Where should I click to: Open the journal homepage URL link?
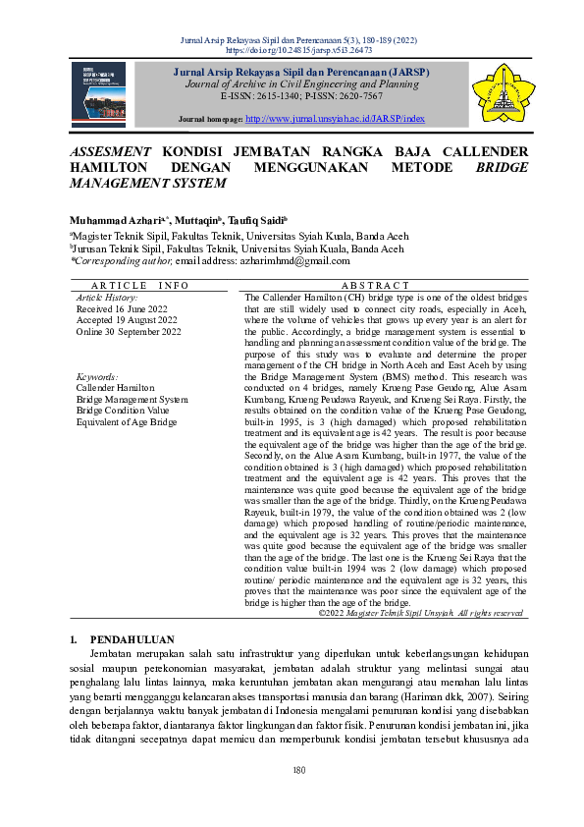[335, 118]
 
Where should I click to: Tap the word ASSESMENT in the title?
[110, 152]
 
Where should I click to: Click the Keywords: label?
[96, 376]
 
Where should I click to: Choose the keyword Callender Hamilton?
[115, 388]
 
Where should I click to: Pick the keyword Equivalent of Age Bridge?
[127, 421]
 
